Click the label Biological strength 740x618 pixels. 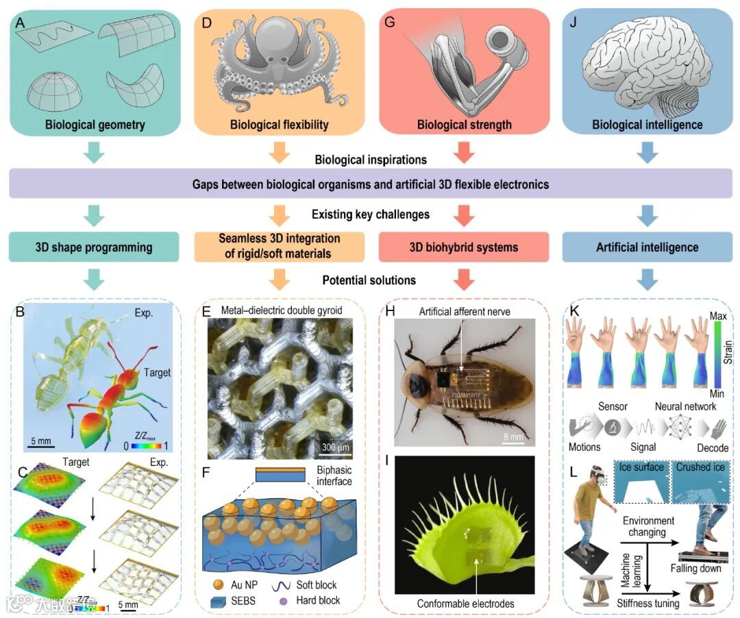(464, 125)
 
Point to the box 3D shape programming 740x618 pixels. (95, 247)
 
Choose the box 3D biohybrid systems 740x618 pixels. (464, 247)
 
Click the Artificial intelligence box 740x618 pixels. (647, 247)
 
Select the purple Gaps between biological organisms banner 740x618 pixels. (371, 185)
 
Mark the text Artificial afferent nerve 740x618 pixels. (465, 312)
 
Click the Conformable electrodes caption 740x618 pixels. (465, 604)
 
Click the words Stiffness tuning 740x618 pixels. (647, 604)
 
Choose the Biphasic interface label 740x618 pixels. (334, 475)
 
